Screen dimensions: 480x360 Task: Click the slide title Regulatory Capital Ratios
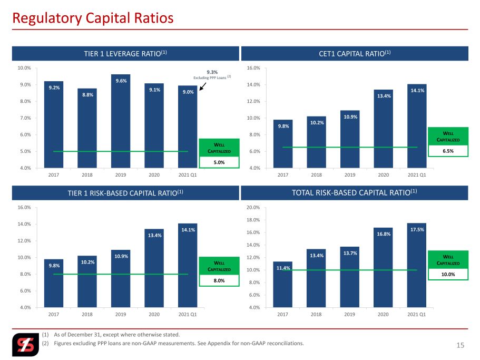(93, 18)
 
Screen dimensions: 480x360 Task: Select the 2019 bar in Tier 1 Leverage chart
(121, 121)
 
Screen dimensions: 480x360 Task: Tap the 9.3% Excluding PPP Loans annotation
(212, 75)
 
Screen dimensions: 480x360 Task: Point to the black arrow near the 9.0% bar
(203, 86)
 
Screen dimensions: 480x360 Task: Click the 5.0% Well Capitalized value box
(219, 162)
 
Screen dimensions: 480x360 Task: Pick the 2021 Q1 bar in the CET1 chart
(417, 126)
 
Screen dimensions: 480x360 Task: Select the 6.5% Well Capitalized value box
(448, 151)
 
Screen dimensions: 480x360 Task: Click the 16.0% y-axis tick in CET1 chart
(253, 68)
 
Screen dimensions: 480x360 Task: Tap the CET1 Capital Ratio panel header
(355, 54)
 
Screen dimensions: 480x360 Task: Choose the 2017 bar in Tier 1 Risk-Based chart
(54, 283)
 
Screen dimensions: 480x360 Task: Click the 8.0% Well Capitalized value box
(219, 280)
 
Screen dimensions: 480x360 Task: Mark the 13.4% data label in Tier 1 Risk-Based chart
(154, 236)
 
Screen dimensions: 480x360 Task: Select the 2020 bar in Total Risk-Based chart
(383, 267)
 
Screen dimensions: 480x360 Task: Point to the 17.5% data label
(417, 230)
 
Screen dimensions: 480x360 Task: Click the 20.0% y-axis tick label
(253, 208)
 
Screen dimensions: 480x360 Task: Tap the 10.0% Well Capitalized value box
(448, 274)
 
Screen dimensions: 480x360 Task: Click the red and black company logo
(26, 345)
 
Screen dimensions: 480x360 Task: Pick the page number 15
(461, 345)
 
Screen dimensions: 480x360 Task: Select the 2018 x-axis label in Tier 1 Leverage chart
(87, 175)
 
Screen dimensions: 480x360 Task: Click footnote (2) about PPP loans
(173, 343)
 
